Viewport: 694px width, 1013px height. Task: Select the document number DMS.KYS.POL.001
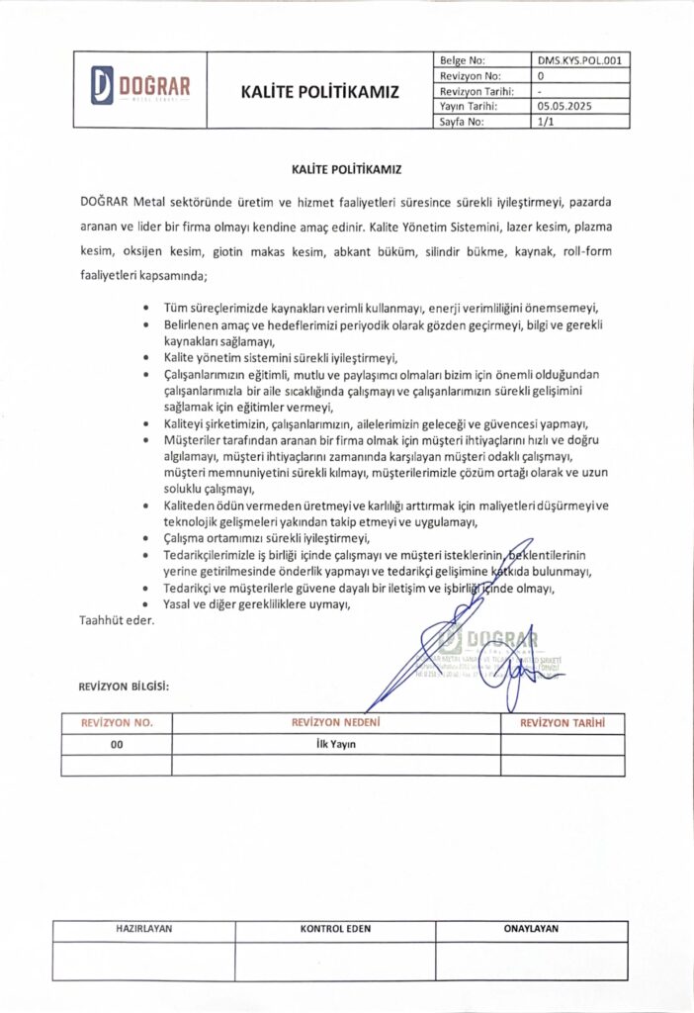(x=579, y=59)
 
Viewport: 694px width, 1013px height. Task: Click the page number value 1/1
(x=547, y=122)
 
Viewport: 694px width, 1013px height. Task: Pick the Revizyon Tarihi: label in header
(x=474, y=91)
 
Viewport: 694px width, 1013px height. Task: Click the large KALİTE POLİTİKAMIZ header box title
(x=319, y=92)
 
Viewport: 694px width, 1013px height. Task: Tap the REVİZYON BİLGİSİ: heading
(x=124, y=687)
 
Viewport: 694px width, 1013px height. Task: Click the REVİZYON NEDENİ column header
(x=336, y=723)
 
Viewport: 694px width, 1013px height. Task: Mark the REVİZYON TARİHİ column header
(x=562, y=723)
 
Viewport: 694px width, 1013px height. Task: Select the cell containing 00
(x=117, y=744)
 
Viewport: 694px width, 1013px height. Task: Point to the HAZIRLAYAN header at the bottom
(x=143, y=930)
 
